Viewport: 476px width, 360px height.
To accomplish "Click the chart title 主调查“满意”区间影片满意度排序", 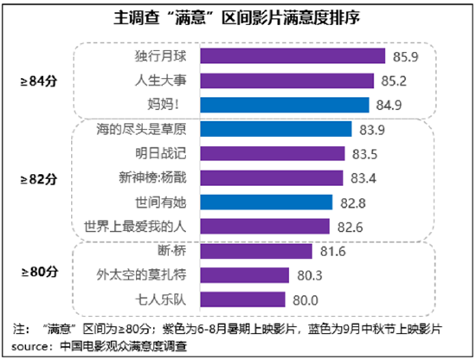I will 237,18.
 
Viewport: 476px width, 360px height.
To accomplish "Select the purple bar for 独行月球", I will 293,56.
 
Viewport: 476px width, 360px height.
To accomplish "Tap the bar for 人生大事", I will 290,80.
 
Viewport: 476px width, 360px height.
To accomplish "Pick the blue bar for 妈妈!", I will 288,105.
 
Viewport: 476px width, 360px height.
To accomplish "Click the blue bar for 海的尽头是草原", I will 276,129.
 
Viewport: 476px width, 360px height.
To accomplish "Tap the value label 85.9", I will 405,56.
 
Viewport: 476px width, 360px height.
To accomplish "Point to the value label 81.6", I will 332,251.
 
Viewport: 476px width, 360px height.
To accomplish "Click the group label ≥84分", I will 38,80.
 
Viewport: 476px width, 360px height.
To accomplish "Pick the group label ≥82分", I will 38,179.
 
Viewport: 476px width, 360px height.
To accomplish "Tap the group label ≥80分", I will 38,275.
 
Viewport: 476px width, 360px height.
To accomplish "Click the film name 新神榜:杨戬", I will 153,177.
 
